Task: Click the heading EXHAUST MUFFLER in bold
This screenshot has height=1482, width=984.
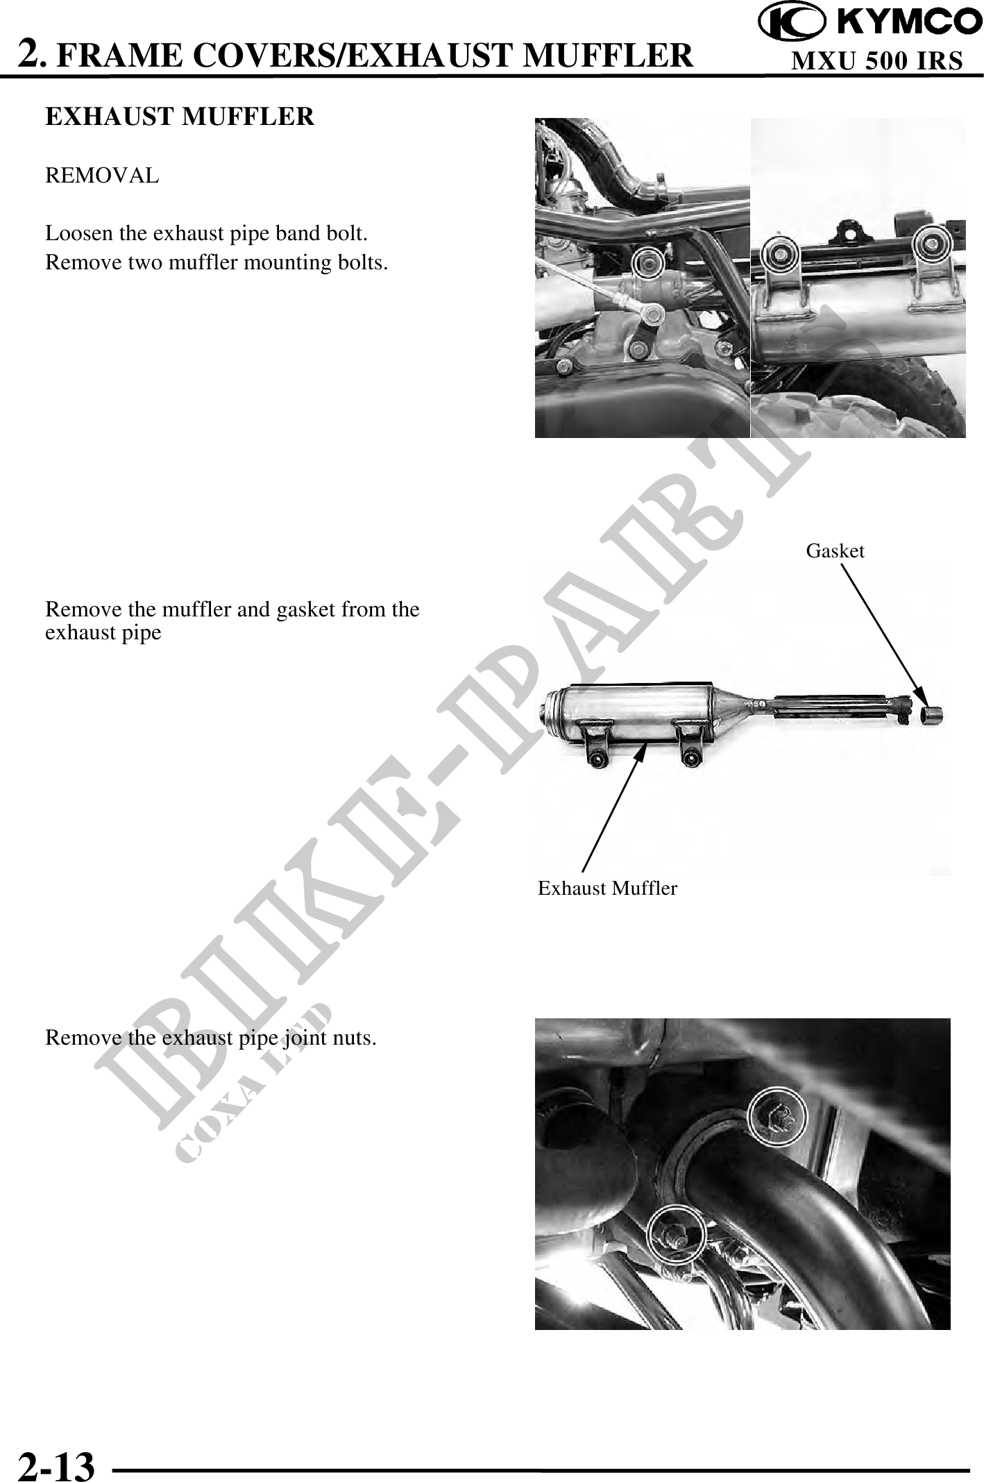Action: coord(180,117)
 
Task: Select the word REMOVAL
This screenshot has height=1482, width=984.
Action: coord(102,176)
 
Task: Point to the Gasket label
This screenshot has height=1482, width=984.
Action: coord(835,551)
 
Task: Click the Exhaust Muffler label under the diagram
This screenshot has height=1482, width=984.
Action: coord(607,888)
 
